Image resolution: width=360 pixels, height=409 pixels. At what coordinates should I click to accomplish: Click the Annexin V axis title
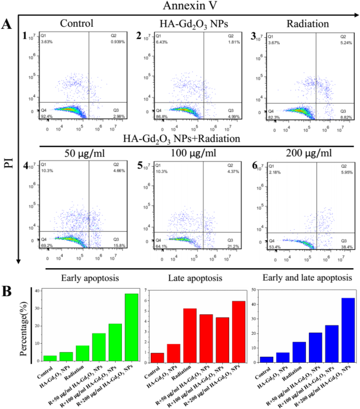tap(190, 6)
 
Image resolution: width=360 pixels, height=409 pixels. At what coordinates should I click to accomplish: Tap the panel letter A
tap(7, 24)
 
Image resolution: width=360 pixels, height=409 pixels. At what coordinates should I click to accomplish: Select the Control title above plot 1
tap(76, 24)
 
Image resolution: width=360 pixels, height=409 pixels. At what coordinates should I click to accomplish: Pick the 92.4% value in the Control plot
tap(47, 116)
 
